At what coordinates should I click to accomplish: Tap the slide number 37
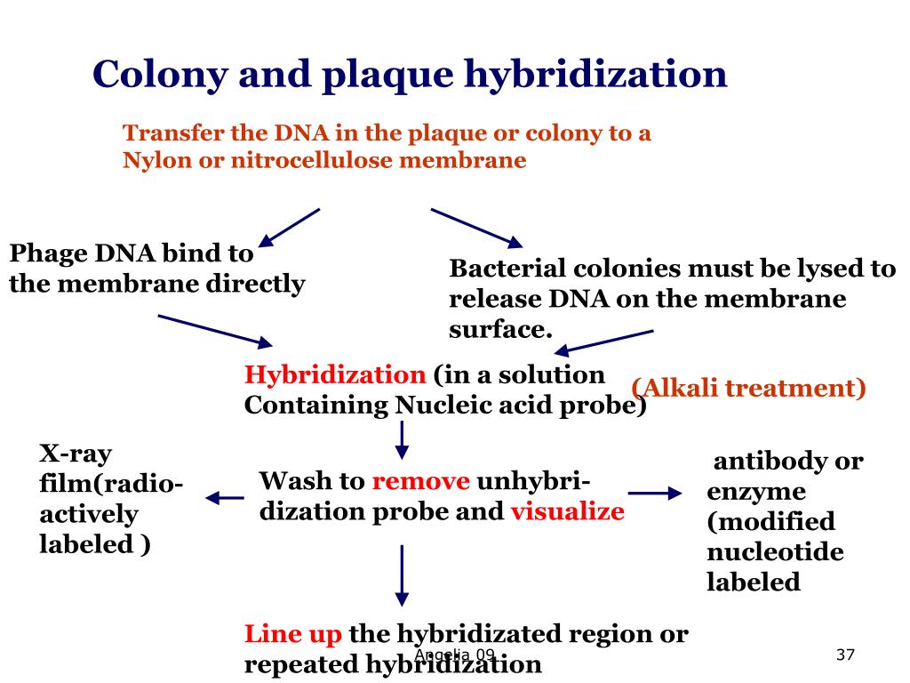click(x=845, y=655)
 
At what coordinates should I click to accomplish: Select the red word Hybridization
click(x=335, y=374)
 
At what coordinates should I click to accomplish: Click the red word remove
click(x=420, y=482)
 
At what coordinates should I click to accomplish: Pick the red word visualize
click(x=567, y=512)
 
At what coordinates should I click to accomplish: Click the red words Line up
click(x=293, y=634)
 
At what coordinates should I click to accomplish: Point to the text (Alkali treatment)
click(x=748, y=388)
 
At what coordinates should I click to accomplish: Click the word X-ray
click(x=76, y=454)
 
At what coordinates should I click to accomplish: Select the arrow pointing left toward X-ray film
click(x=225, y=499)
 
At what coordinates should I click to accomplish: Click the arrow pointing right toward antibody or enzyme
click(x=655, y=493)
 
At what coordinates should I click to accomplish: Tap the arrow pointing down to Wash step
click(x=402, y=439)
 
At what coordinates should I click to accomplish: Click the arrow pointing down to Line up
click(x=402, y=575)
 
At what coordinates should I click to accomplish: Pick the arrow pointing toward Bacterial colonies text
click(x=476, y=228)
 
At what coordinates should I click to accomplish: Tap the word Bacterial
click(x=507, y=269)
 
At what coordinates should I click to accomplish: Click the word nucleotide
click(x=775, y=552)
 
